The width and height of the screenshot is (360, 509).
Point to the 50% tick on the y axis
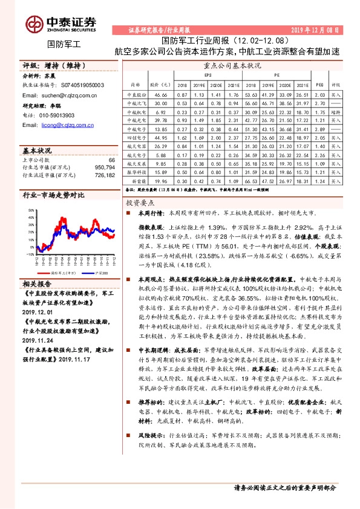31,209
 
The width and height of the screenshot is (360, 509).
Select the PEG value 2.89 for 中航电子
321,129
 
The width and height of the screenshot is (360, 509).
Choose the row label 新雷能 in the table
137,180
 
